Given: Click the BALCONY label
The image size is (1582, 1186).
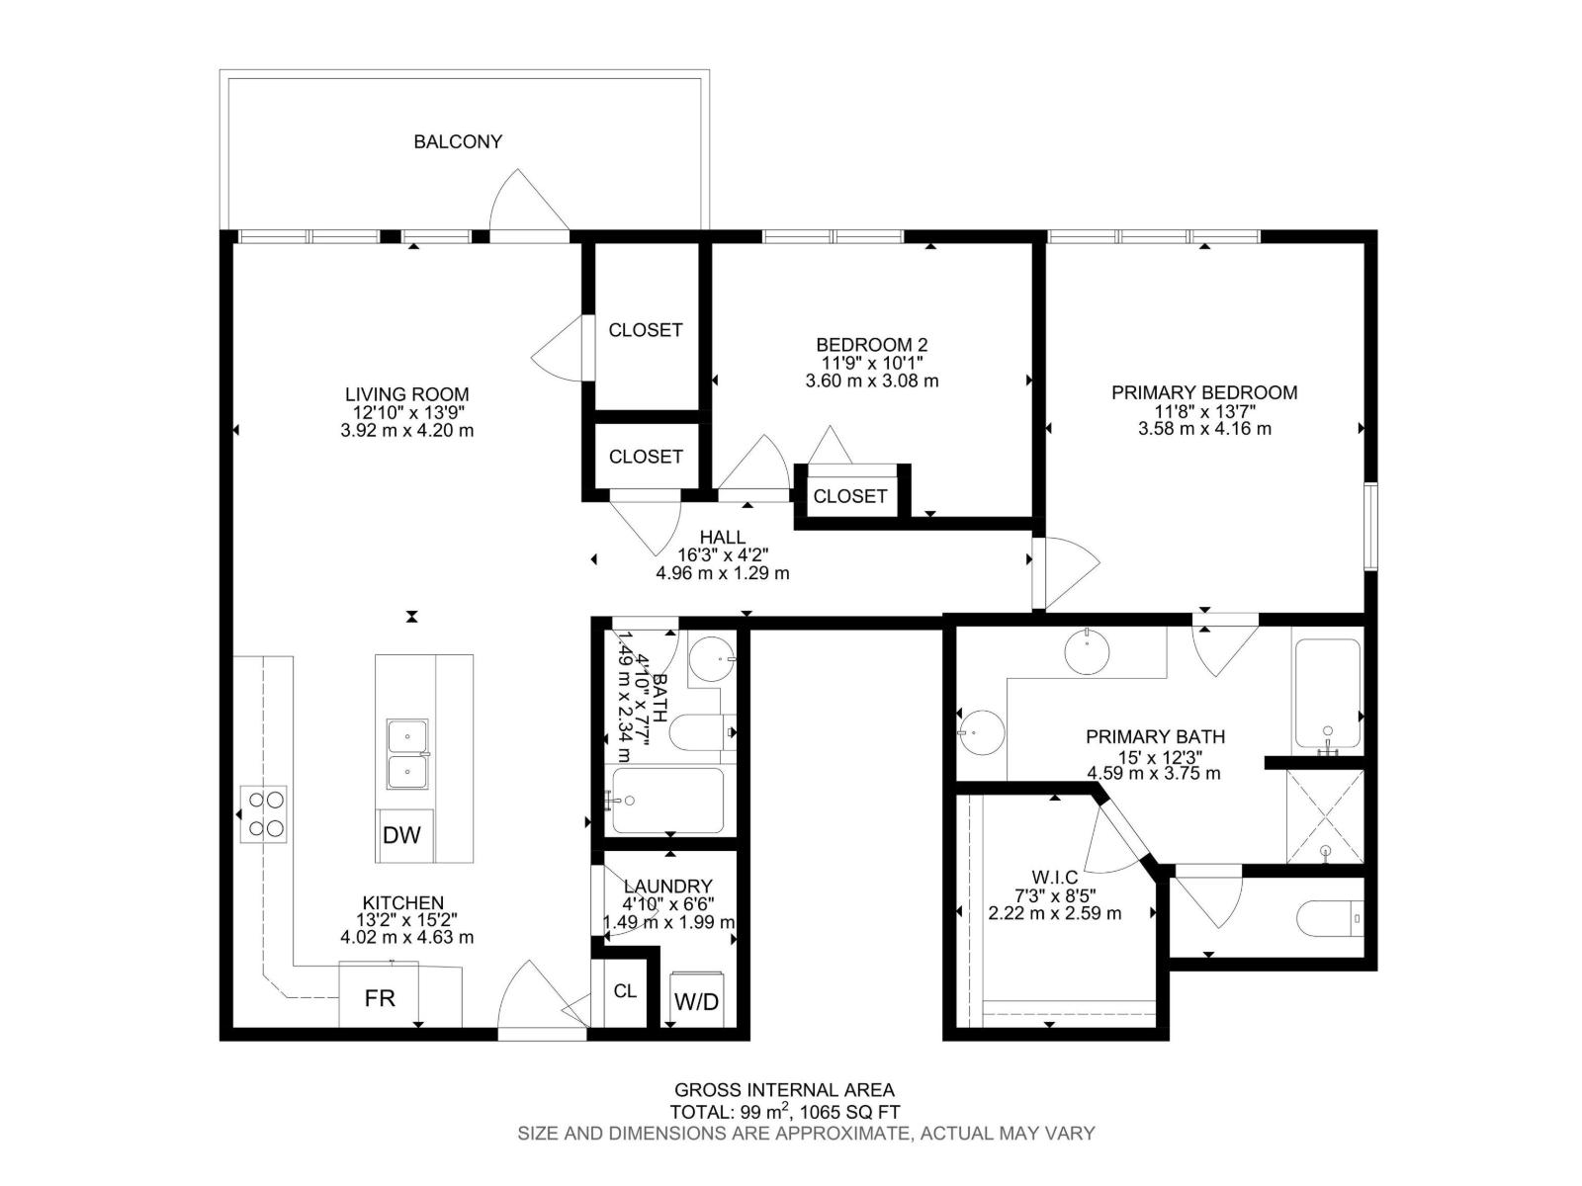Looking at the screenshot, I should [457, 141].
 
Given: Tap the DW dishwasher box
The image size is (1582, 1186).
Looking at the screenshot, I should [401, 835].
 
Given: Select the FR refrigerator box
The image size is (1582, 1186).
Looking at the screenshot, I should [380, 998].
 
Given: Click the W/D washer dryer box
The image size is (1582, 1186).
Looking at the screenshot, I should [697, 1001].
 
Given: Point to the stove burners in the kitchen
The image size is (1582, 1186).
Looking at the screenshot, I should [264, 813].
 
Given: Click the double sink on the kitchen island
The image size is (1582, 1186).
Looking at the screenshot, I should [408, 755].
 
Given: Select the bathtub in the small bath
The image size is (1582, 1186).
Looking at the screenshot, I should [667, 801].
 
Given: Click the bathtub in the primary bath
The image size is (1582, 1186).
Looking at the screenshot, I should [1328, 694].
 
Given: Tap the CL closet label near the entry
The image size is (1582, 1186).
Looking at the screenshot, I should [625, 990].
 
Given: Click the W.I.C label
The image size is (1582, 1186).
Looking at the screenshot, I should [1054, 877].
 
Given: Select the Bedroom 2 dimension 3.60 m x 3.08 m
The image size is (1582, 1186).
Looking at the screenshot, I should [872, 381].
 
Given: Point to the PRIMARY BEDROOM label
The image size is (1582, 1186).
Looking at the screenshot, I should [1204, 392].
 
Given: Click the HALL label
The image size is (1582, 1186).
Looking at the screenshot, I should [723, 538].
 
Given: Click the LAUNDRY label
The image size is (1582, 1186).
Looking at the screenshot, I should [668, 887].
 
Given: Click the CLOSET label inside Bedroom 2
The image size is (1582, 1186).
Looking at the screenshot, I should [849, 496].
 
